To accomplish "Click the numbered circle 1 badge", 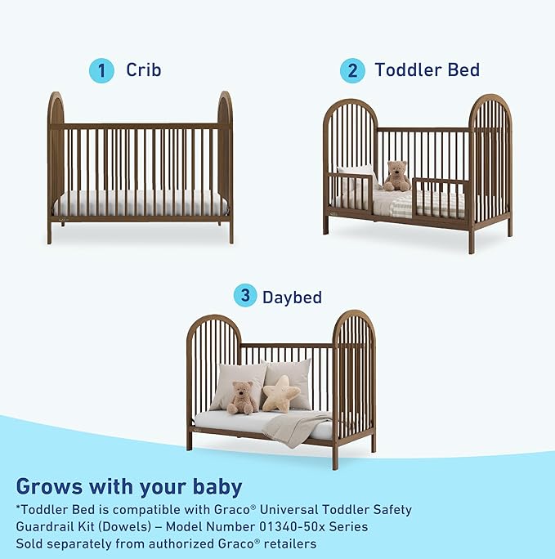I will click(101, 70).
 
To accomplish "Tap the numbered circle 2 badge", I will click(352, 70).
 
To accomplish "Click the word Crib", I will click(143, 70).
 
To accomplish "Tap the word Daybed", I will click(292, 297).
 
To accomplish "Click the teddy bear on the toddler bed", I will click(397, 176).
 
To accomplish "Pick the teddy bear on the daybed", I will click(242, 398).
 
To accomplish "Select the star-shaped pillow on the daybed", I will click(280, 393).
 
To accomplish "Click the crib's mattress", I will click(140, 203).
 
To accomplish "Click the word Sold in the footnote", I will click(32, 543).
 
